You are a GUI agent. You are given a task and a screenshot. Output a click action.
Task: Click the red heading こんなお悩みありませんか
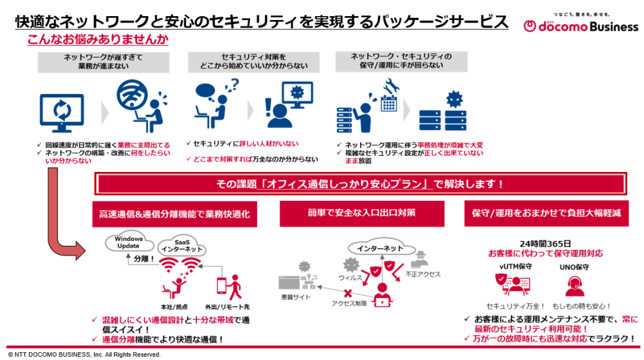pyautogui.click(x=97, y=39)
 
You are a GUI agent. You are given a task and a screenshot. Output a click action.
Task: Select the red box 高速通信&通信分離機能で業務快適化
pyautogui.click(x=175, y=213)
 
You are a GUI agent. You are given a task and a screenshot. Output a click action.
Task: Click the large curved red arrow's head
pyautogui.click(x=80, y=250)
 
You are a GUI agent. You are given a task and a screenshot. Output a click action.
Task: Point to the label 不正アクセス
pyautogui.click(x=423, y=274)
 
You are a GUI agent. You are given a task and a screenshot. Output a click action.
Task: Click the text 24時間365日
pyautogui.click(x=545, y=243)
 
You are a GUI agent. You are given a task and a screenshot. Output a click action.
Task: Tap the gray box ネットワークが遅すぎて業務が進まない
pyautogui.click(x=104, y=61)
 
